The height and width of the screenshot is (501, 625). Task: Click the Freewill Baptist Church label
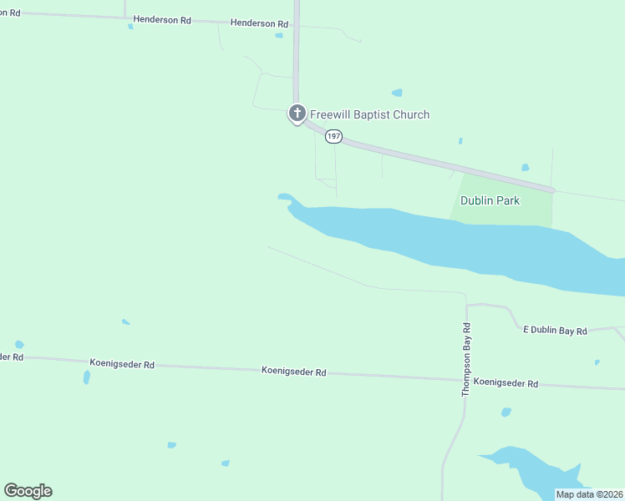coord(369,114)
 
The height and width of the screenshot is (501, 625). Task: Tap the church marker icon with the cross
coord(297,113)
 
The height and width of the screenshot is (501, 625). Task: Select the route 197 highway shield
coord(333,135)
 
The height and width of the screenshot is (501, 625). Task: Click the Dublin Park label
coord(490,200)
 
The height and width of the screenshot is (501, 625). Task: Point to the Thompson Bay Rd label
coord(467,359)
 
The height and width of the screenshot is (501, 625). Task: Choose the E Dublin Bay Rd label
coord(555,331)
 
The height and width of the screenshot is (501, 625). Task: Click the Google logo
coord(28,491)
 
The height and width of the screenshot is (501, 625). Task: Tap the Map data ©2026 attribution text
coord(589,494)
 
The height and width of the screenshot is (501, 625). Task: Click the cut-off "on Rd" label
coord(9,13)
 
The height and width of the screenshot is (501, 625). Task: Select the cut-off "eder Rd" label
coord(11,357)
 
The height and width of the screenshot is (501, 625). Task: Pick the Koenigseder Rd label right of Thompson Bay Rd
coord(505,383)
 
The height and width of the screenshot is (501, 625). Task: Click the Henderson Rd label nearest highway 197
coord(258,23)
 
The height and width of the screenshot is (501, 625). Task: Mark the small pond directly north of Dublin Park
coord(525,168)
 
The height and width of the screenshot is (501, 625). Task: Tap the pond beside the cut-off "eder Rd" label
coord(19,344)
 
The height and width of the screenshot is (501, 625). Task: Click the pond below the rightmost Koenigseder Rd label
coord(506,412)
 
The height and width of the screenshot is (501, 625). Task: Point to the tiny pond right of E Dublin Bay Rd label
coord(597,362)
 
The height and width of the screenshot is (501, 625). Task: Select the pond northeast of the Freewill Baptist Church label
coord(397,93)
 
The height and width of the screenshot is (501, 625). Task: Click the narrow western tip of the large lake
coord(285,198)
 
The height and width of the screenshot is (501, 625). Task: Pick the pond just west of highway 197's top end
coord(279,35)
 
